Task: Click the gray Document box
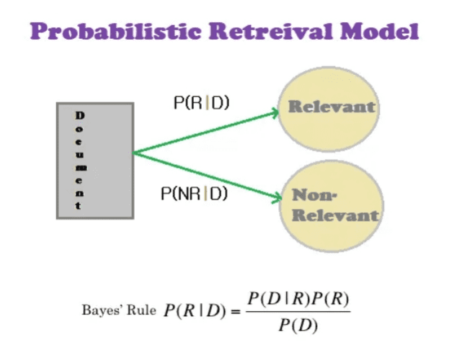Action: coord(95,160)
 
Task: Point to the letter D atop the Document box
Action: coord(79,115)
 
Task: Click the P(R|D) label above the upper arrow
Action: coord(201,103)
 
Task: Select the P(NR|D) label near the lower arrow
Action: coord(194,193)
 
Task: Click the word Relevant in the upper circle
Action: coord(332,107)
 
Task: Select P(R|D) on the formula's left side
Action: coord(193,311)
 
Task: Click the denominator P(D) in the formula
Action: coord(298,325)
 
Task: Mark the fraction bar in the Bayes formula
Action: coord(298,311)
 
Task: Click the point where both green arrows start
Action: coord(134,153)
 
